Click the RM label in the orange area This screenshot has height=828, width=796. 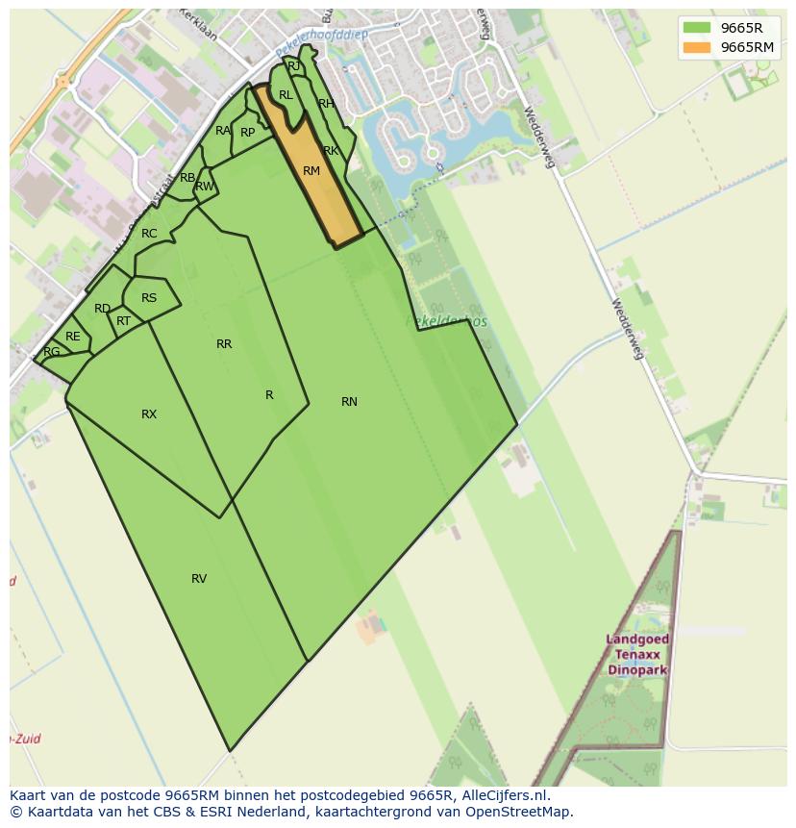[x=311, y=171]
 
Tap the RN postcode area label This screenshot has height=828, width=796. [x=349, y=402]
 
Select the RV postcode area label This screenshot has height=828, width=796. [x=199, y=579]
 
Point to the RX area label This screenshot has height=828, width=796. [x=149, y=414]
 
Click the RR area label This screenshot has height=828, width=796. [x=224, y=344]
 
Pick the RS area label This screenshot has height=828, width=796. [x=149, y=298]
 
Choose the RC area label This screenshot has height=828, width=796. [x=149, y=234]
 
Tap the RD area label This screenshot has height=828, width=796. [x=102, y=309]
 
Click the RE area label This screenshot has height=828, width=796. [x=73, y=337]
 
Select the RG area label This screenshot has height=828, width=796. [x=52, y=352]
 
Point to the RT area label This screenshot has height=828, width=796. [x=123, y=321]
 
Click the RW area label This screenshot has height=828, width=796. [x=205, y=187]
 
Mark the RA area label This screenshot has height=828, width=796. [x=223, y=131]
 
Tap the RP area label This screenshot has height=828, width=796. [x=248, y=133]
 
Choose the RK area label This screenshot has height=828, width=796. [x=331, y=151]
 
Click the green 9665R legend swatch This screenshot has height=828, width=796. [x=697, y=28]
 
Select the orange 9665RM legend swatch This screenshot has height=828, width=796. [x=697, y=47]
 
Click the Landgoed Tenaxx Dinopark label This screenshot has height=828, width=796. [x=638, y=654]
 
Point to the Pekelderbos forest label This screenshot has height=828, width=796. [x=448, y=321]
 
